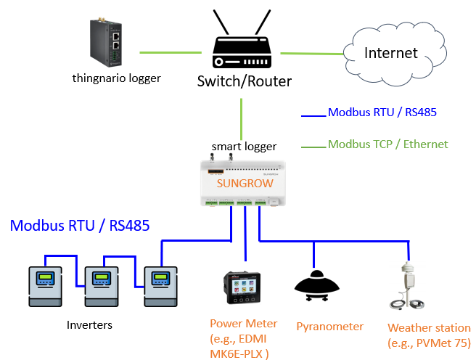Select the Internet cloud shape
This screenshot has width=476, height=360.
[x=391, y=52]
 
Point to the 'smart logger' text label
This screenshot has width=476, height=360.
[x=244, y=147]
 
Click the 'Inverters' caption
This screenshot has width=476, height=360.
[x=89, y=324]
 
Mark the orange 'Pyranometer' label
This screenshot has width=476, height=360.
[x=329, y=327]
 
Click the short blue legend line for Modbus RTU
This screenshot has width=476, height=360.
[x=314, y=115]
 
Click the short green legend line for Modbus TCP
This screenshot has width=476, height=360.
[x=313, y=147]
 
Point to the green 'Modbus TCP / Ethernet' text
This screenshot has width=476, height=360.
[x=388, y=144]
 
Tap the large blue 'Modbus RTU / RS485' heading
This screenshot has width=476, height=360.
[x=80, y=226]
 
